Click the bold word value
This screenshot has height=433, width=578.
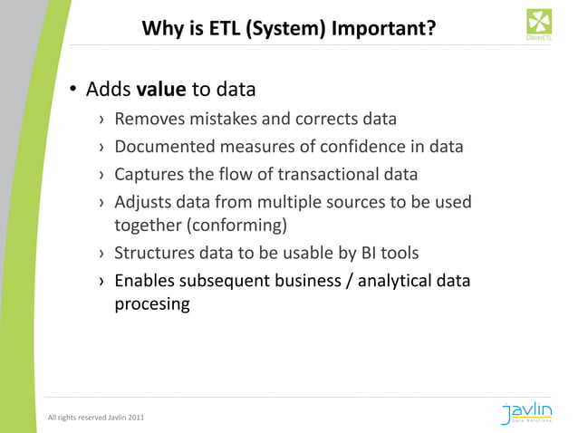point(160,90)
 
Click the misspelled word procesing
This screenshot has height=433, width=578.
point(151,304)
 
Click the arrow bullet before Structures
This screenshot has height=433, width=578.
point(101,253)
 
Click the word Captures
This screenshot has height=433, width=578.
point(149,174)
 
